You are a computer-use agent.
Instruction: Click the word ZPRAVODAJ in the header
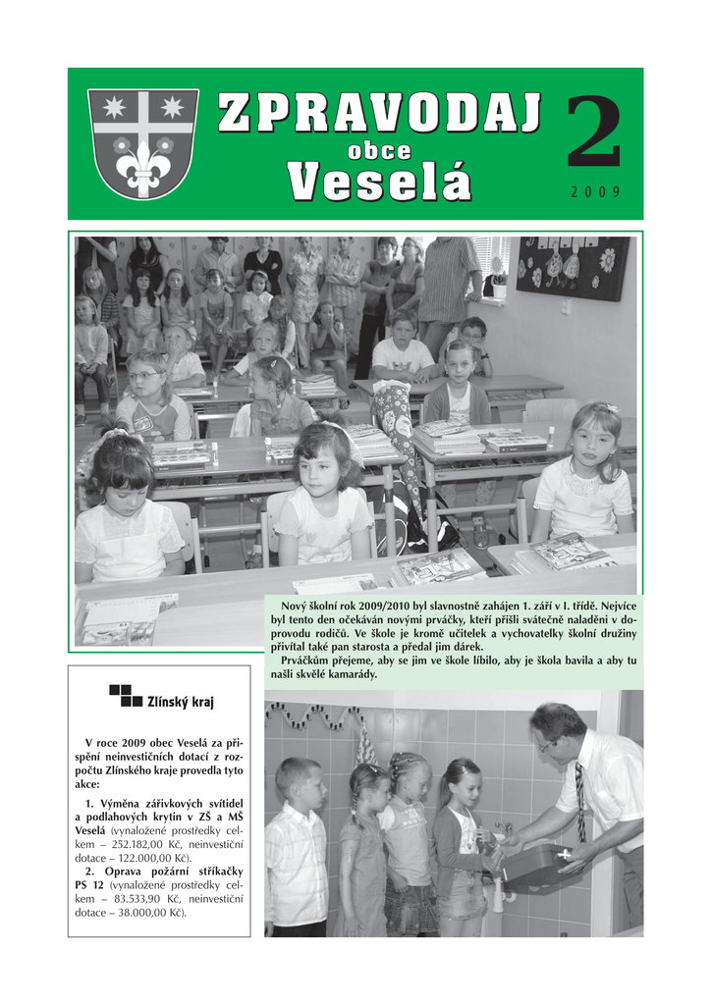click(x=378, y=114)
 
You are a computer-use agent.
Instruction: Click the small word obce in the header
click(x=379, y=150)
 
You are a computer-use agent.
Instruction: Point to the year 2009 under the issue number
click(x=595, y=192)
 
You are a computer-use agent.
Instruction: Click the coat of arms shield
click(x=143, y=142)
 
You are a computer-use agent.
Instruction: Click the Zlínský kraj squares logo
click(x=125, y=696)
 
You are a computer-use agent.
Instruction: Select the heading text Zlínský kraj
click(x=180, y=702)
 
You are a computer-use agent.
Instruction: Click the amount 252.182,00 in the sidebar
click(x=135, y=843)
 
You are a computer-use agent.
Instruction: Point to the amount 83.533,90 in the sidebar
click(x=135, y=898)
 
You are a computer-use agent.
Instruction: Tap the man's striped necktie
click(x=580, y=802)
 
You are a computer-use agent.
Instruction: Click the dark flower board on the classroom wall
click(x=573, y=267)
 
